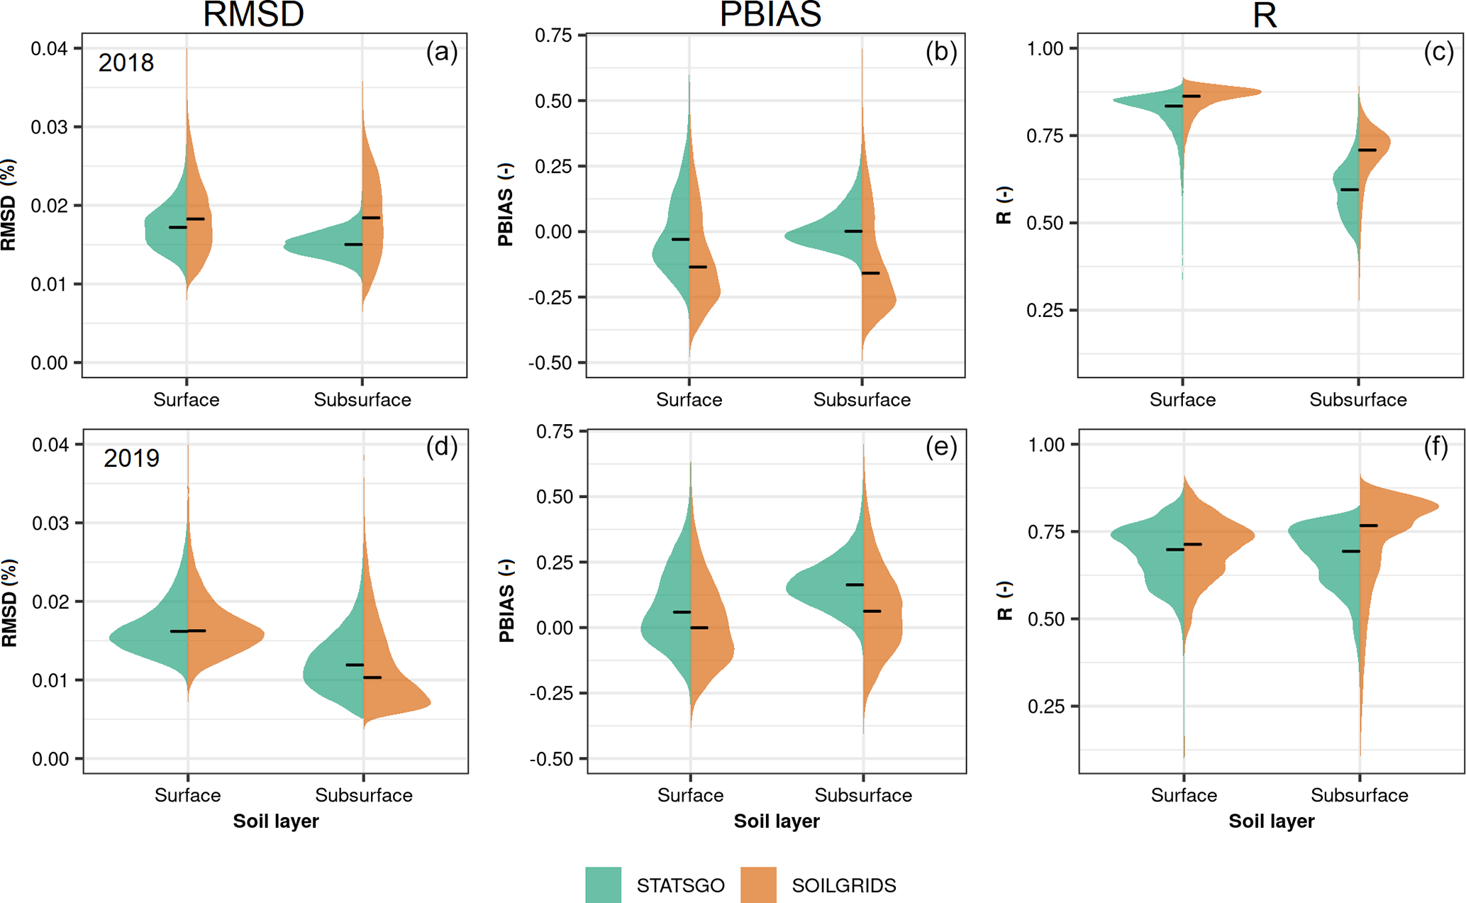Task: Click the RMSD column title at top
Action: pyautogui.click(x=253, y=14)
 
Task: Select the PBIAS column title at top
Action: pyautogui.click(x=770, y=14)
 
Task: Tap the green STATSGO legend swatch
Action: pyautogui.click(x=603, y=885)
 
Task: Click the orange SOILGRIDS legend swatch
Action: pyautogui.click(x=758, y=885)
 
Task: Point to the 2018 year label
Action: pyautogui.click(x=126, y=63)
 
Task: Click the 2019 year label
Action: pyautogui.click(x=131, y=458)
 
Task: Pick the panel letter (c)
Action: pyautogui.click(x=1438, y=52)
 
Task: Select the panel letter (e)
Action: pyautogui.click(x=941, y=447)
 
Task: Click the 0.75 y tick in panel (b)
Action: pyautogui.click(x=553, y=35)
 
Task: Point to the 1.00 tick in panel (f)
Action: pyautogui.click(x=1046, y=445)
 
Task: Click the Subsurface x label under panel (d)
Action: pyautogui.click(x=364, y=795)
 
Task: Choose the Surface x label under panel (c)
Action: pyautogui.click(x=1182, y=400)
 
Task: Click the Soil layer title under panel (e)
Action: pyautogui.click(x=777, y=821)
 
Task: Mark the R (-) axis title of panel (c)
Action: pyautogui.click(x=1004, y=206)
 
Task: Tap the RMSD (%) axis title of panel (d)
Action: pyautogui.click(x=9, y=602)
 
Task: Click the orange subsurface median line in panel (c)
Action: pyautogui.click(x=1367, y=150)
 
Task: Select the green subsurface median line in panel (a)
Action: pyautogui.click(x=353, y=245)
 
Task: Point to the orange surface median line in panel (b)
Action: pyautogui.click(x=698, y=267)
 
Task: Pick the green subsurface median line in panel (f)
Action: pyautogui.click(x=1350, y=551)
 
